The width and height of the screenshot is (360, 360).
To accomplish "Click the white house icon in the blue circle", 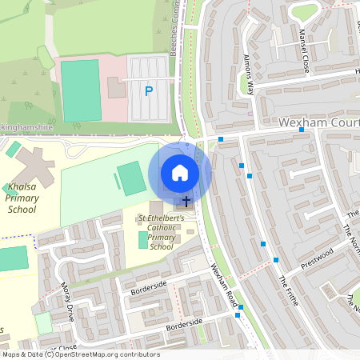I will (180, 173).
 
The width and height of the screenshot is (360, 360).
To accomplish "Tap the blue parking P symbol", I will (148, 91).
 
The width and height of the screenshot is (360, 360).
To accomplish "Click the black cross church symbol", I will (186, 202).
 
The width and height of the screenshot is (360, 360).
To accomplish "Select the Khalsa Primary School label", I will (22, 197).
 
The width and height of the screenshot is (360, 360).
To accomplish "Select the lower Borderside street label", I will (185, 325).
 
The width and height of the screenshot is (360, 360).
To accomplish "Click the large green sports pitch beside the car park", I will (80, 90).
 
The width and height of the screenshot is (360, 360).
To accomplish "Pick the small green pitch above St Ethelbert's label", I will (144, 239).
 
